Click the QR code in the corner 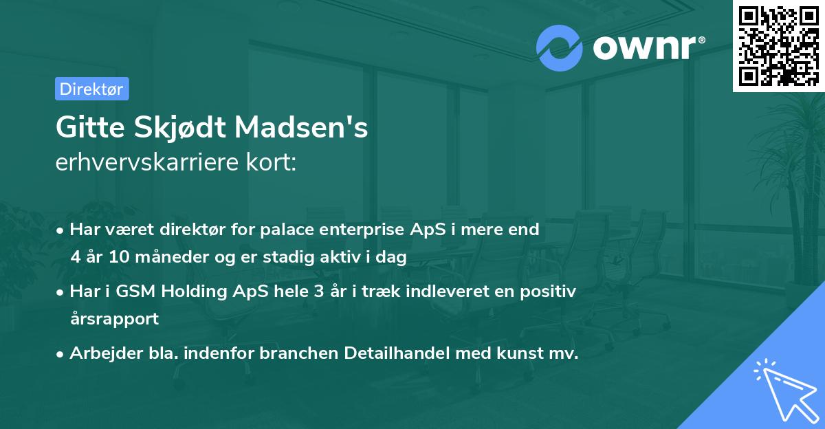click(x=778, y=45)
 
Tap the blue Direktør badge click(x=91, y=89)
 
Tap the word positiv click(x=551, y=291)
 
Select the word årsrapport click(x=114, y=319)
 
